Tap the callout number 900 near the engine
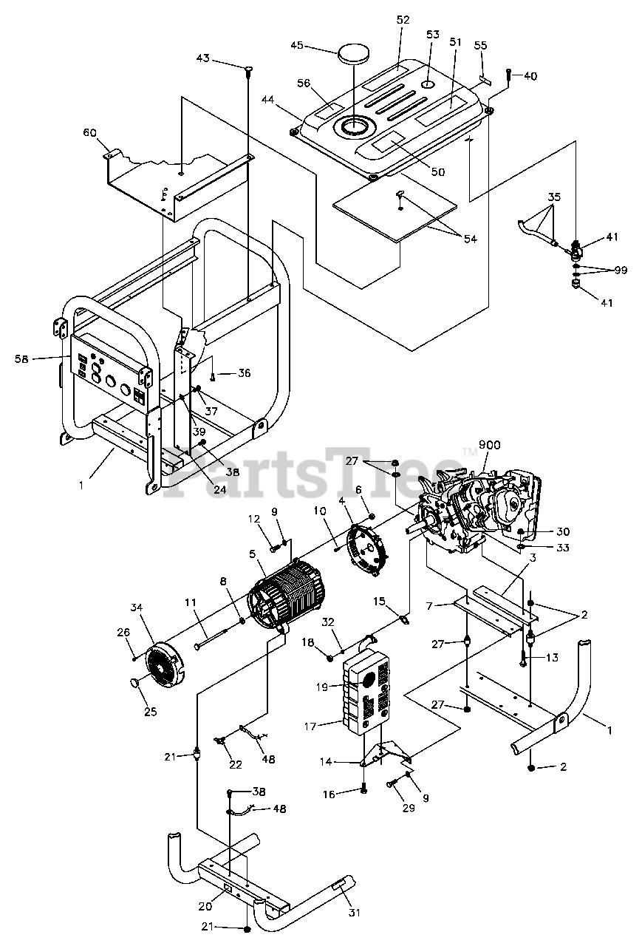point(489,444)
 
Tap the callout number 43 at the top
point(203,58)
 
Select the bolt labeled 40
point(510,75)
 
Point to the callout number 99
point(620,270)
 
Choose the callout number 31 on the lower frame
point(354,913)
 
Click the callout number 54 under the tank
point(470,239)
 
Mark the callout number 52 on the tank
point(403,20)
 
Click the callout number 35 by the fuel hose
point(554,197)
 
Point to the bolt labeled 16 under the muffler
point(363,789)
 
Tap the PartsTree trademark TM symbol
point(468,452)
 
